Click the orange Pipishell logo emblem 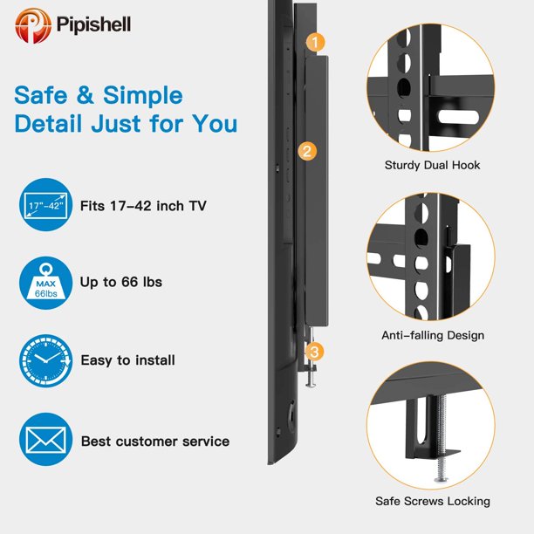tap(33, 25)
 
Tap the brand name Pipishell tap(93, 24)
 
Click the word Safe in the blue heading tap(41, 95)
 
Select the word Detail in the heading tap(48, 123)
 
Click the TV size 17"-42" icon tap(46, 205)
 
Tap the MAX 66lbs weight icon tap(46, 283)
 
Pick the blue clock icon tap(46, 360)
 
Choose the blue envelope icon tap(46, 440)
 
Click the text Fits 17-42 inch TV tap(143, 206)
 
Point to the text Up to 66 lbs tap(121, 283)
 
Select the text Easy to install tap(128, 360)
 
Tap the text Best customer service tap(155, 442)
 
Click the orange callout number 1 tap(315, 42)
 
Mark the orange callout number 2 tap(307, 151)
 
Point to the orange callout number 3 tap(314, 352)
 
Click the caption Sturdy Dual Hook tap(432, 165)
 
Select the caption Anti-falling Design tap(433, 335)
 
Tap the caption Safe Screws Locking tap(433, 502)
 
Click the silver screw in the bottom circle tap(441, 439)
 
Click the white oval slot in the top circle tap(459, 117)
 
